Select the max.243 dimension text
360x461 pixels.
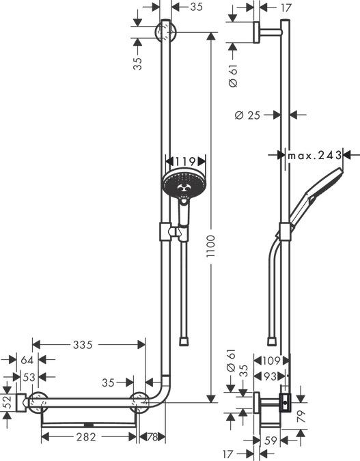[313, 156]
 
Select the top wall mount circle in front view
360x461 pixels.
[166, 31]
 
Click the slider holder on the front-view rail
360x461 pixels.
[166, 232]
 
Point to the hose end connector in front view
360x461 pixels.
[182, 339]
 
